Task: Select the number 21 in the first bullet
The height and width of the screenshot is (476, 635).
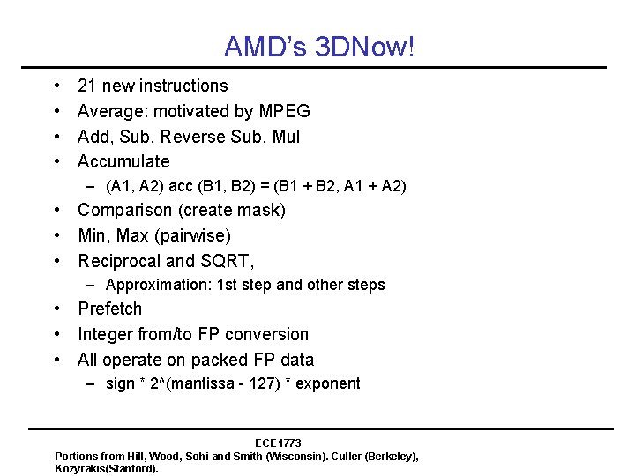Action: [x=87, y=86]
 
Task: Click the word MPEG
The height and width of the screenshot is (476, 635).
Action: [x=284, y=111]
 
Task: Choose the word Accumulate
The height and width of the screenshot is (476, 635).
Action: [x=123, y=161]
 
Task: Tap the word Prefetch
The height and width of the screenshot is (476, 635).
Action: [x=109, y=309]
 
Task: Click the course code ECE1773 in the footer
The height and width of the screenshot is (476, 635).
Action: [x=278, y=443]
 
